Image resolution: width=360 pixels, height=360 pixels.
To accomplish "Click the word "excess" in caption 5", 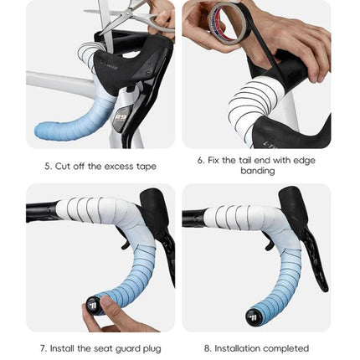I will tap(115, 166).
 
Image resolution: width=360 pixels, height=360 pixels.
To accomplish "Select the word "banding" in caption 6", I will tap(257, 171).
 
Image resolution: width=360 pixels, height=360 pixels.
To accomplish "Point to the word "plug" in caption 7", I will tap(152, 348).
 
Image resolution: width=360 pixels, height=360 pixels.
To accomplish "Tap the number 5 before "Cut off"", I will tap(47, 166).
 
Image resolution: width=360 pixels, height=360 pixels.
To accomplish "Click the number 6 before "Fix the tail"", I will tap(200, 160).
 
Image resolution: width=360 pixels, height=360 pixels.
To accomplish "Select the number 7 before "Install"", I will tap(42, 348).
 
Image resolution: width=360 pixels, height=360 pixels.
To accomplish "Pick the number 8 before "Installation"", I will tap(207, 348).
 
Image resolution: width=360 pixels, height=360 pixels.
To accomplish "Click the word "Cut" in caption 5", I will tap(63, 166).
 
